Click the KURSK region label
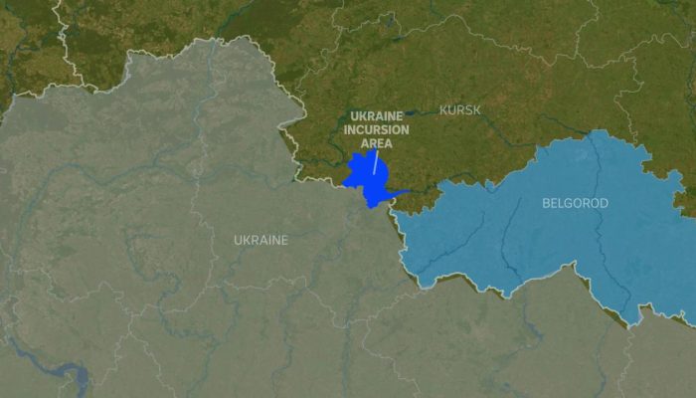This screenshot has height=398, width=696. pyautogui.click(x=459, y=109)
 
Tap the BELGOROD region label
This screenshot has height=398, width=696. pyautogui.click(x=575, y=203)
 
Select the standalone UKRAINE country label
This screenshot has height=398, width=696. pyautogui.click(x=261, y=240)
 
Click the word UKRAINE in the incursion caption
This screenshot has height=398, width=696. pyautogui.click(x=376, y=116)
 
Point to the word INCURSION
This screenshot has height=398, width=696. pyautogui.click(x=376, y=129)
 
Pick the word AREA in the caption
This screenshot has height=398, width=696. pyautogui.click(x=376, y=143)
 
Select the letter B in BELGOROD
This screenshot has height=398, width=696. pyautogui.click(x=546, y=203)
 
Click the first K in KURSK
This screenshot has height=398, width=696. pyautogui.click(x=442, y=109)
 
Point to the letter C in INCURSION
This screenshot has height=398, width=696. pyautogui.click(x=360, y=129)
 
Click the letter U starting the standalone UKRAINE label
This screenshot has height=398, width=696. pyautogui.click(x=238, y=240)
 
